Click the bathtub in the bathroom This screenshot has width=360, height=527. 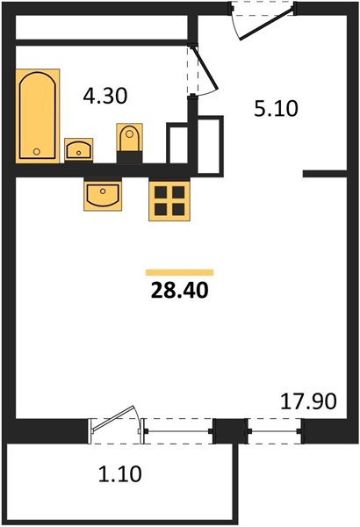pos(37,116)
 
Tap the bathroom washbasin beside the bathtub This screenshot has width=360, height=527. pos(79,149)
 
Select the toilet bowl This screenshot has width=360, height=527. pos(129,138)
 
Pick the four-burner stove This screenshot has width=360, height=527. pos(169,200)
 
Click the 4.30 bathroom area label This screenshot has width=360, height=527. pos(105,96)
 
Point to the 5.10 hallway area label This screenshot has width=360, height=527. pos(276,109)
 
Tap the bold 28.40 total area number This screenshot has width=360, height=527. pos(180,290)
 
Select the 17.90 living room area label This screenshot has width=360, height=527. pos(308,401)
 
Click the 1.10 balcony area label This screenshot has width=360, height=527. pos(120,474)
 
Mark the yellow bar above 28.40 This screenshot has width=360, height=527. pos(179,272)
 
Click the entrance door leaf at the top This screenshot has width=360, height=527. pos(267,23)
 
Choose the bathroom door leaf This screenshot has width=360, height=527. pos(205,69)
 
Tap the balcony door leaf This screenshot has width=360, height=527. pos(112,419)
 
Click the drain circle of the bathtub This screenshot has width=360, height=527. pos(37,152)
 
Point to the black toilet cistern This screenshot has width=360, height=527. pos(129,157)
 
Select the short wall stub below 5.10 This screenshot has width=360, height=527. pos(325,174)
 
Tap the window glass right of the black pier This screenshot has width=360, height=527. pos(275,431)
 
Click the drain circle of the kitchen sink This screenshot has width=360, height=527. pos(103,191)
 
